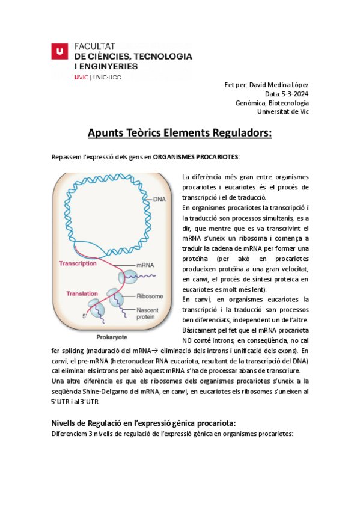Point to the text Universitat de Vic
pyautogui.click(x=282, y=111)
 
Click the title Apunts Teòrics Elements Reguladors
pyautogui.click(x=180, y=132)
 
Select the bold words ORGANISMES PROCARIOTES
pyautogui.click(x=195, y=157)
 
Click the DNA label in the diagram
pyautogui.click(x=159, y=199)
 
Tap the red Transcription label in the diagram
pyautogui.click(x=78, y=263)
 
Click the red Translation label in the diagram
pyautogui.click(x=82, y=293)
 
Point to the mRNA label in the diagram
pyautogui.click(x=145, y=265)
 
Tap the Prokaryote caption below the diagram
pyautogui.click(x=114, y=337)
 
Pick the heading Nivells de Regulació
pyautogui.click(x=144, y=423)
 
